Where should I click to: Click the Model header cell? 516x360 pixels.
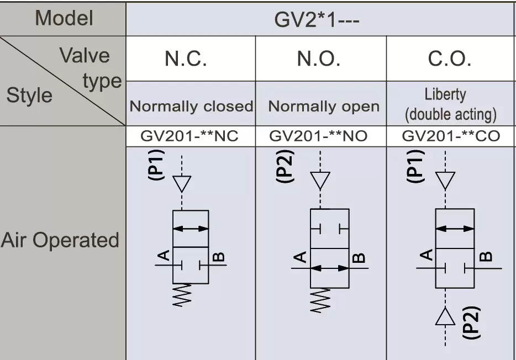pos(64,18)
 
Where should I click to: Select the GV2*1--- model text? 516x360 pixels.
pos(317,20)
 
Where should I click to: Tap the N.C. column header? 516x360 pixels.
pos(186,59)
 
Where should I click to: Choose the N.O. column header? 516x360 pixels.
pos(319,59)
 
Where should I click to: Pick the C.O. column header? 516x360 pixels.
pos(450,59)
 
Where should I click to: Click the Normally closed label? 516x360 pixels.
pos(191,106)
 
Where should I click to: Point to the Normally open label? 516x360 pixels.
pos(324,107)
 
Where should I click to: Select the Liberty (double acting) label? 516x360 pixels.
pos(450,104)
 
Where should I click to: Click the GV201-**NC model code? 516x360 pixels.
pos(189,136)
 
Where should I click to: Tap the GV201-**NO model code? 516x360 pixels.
pos(318,136)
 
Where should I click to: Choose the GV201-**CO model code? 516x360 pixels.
pos(451,136)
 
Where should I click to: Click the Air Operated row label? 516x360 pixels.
pos(60,240)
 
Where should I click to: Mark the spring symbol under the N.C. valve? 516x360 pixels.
pos(182,295)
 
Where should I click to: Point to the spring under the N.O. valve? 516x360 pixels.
pos(320,300)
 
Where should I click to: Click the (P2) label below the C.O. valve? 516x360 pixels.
pos(471,322)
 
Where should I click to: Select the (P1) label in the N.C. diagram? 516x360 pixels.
pos(156,165)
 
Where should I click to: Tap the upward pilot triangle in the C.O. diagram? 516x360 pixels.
pos(445,316)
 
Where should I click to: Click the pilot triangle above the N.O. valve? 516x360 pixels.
pos(320,181)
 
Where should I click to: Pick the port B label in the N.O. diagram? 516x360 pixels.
pos(359,258)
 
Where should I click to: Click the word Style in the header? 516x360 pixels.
pos(29,96)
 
